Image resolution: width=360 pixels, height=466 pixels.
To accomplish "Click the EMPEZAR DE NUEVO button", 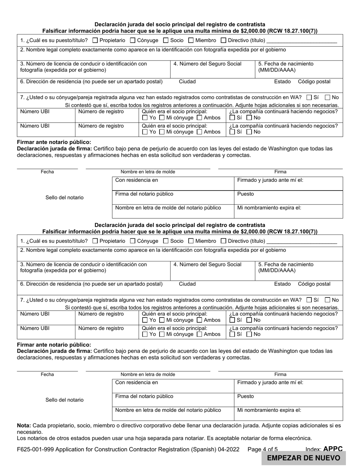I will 304,458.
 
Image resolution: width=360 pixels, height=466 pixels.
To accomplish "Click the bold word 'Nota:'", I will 24,425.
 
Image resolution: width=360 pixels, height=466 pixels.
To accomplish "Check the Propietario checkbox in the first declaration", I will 95,40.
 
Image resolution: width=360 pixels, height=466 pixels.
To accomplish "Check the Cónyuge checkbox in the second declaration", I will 133,241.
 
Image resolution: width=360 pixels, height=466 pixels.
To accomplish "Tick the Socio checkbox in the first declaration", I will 166,40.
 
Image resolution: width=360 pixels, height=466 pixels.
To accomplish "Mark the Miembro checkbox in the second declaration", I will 191,241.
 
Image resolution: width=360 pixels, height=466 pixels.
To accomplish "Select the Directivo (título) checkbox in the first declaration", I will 224,40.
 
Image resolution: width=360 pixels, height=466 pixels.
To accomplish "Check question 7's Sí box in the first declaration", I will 309,97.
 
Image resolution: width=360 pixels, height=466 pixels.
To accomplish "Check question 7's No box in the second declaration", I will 328,300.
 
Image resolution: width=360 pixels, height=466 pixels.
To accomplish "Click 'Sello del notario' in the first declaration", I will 64,197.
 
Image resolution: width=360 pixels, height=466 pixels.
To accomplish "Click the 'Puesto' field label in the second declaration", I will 246,396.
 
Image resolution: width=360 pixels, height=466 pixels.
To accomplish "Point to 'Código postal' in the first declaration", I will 314,81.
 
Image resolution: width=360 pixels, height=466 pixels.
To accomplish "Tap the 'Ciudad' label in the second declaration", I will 187,284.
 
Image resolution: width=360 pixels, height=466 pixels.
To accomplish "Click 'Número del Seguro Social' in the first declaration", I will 207,64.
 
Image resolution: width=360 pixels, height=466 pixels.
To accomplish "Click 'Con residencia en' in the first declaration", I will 136,180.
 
